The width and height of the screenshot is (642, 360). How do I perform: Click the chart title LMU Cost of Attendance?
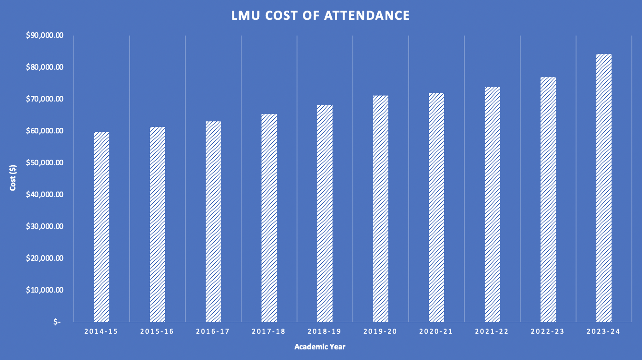click(x=321, y=16)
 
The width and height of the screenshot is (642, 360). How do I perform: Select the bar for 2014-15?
click(x=101, y=227)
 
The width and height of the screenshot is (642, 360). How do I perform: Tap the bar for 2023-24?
click(x=604, y=188)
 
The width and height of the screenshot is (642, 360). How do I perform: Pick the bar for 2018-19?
click(x=325, y=213)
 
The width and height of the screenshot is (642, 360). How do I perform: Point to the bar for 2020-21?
click(x=436, y=207)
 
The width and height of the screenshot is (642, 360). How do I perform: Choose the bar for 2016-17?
click(x=213, y=222)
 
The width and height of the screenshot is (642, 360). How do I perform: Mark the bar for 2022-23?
click(x=548, y=199)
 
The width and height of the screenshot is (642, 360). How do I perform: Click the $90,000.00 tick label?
click(x=45, y=36)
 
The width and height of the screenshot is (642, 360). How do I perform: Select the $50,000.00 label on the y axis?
click(x=45, y=163)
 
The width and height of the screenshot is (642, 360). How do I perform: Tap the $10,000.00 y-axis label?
click(x=45, y=290)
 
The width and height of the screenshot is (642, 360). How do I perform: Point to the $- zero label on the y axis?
click(x=57, y=322)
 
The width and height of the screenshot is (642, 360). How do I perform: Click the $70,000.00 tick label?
click(x=45, y=99)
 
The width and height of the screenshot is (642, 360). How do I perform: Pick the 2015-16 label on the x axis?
click(x=157, y=332)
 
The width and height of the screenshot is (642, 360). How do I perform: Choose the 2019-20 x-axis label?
click(x=380, y=332)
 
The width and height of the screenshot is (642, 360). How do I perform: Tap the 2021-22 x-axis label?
click(x=492, y=332)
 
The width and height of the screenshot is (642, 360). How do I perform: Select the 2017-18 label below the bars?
click(x=269, y=332)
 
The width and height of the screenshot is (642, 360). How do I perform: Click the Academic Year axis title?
click(x=320, y=347)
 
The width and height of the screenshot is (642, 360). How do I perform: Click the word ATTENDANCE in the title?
click(x=367, y=16)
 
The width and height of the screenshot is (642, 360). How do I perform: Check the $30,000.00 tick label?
click(x=45, y=227)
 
